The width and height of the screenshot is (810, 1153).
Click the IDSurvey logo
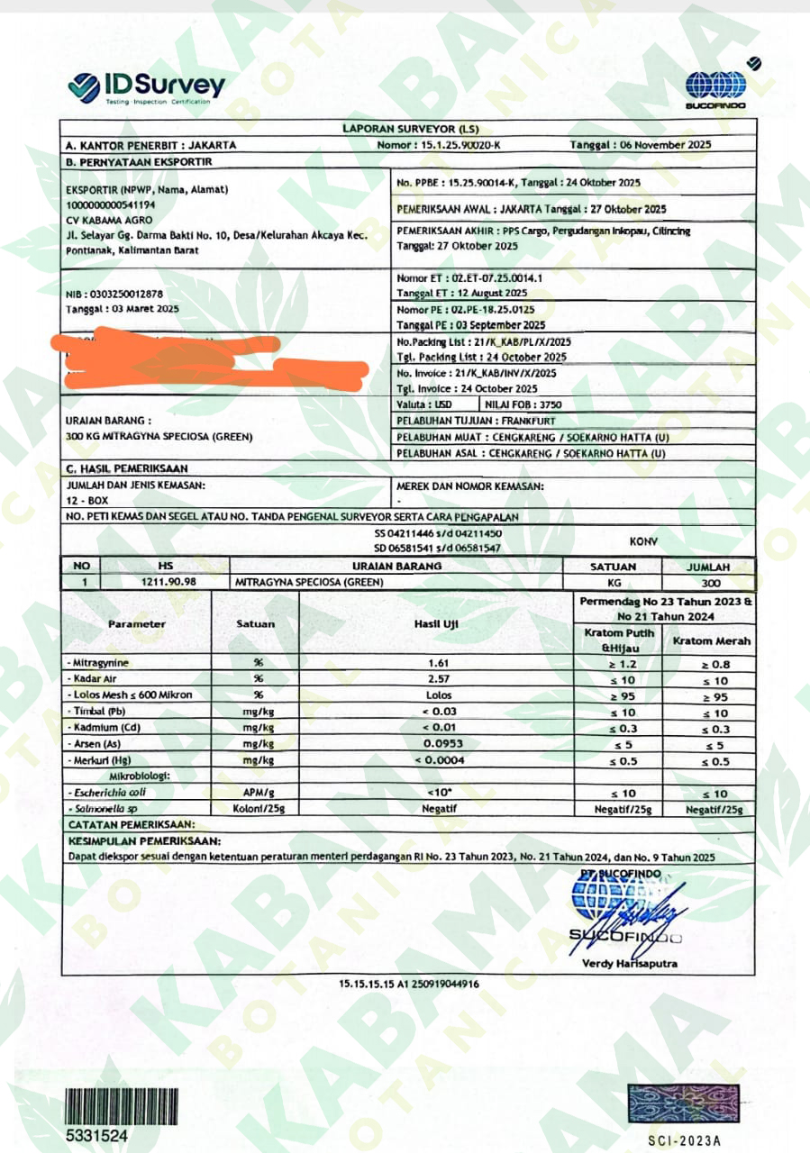click(146, 87)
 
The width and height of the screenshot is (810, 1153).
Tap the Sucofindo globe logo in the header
click(715, 86)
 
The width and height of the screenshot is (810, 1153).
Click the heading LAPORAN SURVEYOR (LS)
click(405, 129)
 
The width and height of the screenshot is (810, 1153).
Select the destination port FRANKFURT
click(530, 421)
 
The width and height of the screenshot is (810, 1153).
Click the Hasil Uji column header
click(437, 623)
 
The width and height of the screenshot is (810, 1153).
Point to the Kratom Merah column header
click(709, 640)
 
